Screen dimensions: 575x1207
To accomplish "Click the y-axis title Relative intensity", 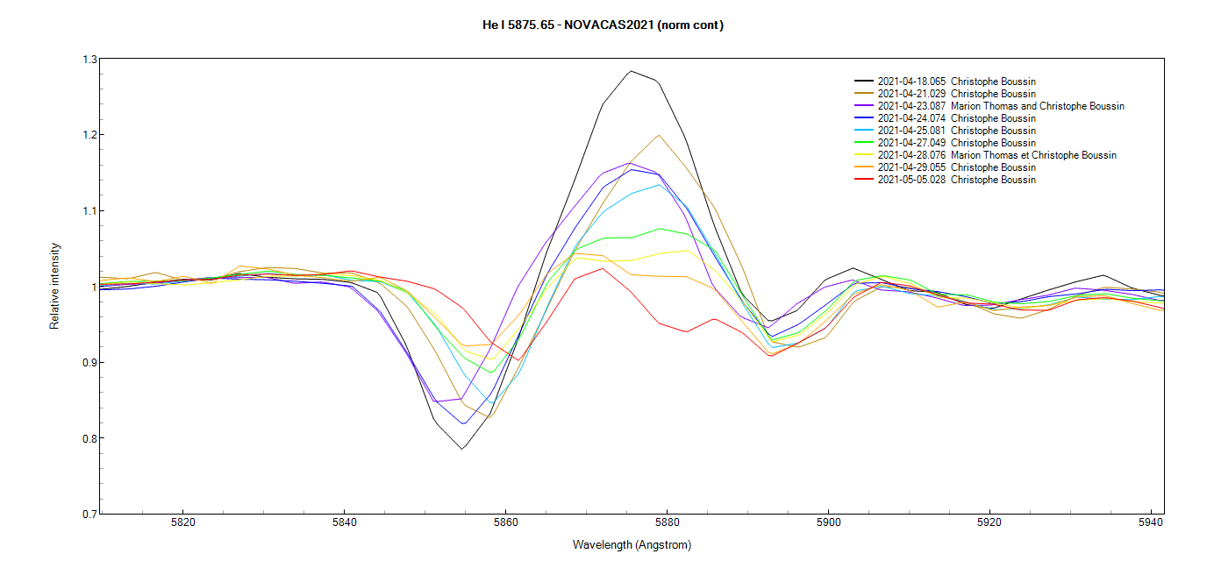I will pos(54,287).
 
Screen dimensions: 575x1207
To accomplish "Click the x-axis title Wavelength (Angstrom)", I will pos(632,545).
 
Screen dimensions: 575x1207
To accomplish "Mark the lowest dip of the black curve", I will pos(462,449).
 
